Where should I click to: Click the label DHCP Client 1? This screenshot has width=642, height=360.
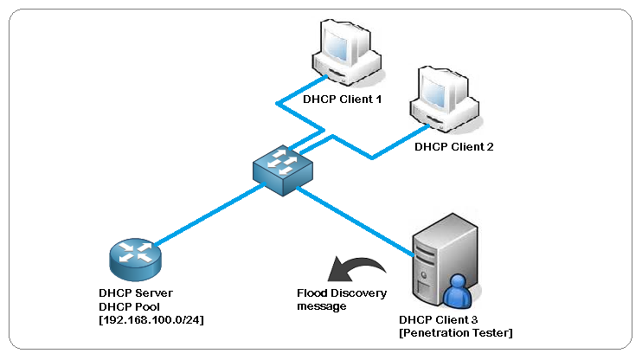pyautogui.click(x=342, y=100)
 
